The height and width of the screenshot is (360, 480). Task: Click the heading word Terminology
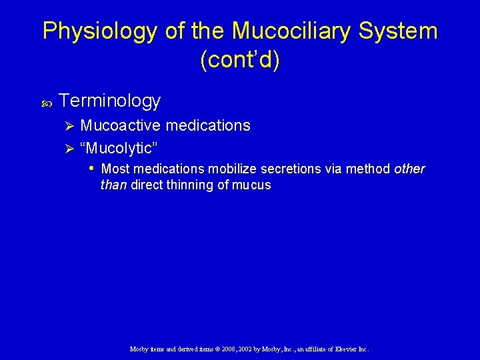pyautogui.click(x=110, y=101)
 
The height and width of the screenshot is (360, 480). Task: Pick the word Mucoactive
pyautogui.click(x=121, y=125)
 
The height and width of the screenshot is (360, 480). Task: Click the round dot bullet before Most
pyautogui.click(x=92, y=169)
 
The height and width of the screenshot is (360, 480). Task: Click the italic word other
pyautogui.click(x=409, y=169)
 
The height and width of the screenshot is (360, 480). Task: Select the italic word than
pyautogui.click(x=113, y=185)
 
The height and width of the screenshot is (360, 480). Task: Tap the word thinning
pyautogui.click(x=189, y=185)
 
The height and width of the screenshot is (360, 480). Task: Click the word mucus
pyautogui.click(x=251, y=186)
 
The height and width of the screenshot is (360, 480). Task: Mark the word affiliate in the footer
pyautogui.click(x=313, y=349)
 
